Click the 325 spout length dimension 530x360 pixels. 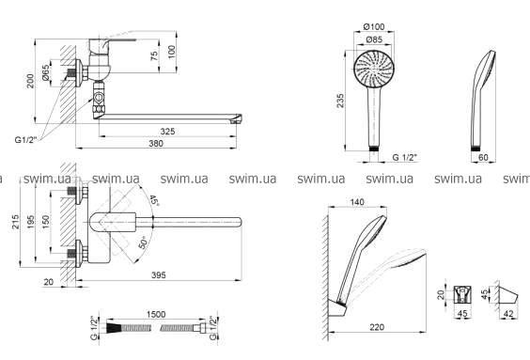click(x=167, y=132)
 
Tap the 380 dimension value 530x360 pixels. click(x=156, y=143)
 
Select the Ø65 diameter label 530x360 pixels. click(x=46, y=73)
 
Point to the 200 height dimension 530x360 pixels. click(x=30, y=81)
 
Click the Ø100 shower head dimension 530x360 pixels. click(x=374, y=26)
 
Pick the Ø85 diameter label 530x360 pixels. click(x=374, y=39)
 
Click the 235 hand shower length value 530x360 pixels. click(x=340, y=101)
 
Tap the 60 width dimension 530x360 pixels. click(x=483, y=157)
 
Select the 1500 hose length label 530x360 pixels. click(x=156, y=314)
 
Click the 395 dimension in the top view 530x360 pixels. click(x=159, y=275)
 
